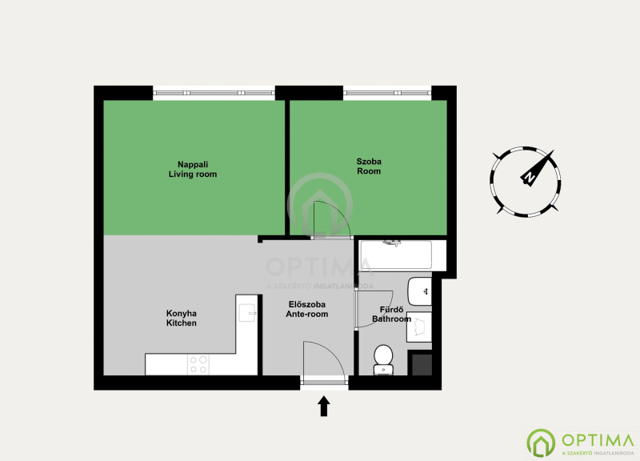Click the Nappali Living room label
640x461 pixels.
[193, 169]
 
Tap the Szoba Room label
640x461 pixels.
[369, 166]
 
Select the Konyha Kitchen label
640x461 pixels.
[182, 318]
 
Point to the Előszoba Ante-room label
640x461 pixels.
[306, 309]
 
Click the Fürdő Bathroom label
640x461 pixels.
[391, 315]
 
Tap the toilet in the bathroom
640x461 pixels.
[383, 359]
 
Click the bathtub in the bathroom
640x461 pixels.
[394, 255]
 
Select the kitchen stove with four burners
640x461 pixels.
[198, 365]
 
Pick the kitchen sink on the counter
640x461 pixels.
[247, 313]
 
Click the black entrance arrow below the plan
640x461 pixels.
[324, 406]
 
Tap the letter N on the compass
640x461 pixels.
[530, 177]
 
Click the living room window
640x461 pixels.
[214, 93]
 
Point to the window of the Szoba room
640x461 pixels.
[387, 93]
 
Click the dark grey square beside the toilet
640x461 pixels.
[422, 365]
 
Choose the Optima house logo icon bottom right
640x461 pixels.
[541, 443]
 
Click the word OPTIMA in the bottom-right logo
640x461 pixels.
[598, 440]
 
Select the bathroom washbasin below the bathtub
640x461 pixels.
[420, 291]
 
